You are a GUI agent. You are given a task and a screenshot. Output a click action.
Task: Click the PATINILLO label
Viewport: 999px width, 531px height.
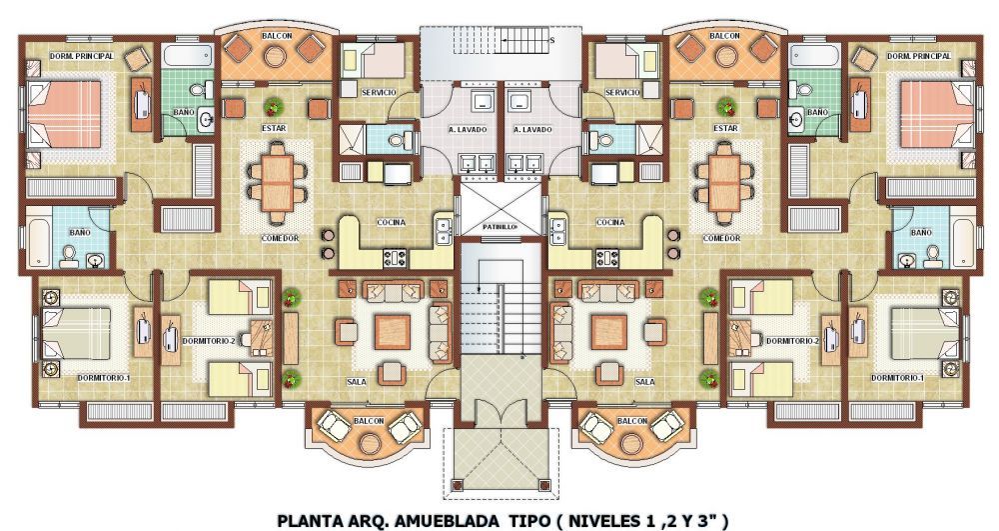(x=499, y=226)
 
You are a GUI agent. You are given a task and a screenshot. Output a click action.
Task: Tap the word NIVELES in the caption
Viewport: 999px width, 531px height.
(x=606, y=521)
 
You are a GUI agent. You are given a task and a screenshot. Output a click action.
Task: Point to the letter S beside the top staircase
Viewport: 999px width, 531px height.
(x=551, y=40)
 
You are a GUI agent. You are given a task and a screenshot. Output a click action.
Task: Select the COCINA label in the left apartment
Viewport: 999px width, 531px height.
(x=392, y=222)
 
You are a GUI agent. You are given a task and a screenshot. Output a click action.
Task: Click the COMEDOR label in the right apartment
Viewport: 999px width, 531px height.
(x=721, y=238)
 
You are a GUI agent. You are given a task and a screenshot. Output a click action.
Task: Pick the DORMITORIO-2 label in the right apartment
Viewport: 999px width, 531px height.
(x=792, y=341)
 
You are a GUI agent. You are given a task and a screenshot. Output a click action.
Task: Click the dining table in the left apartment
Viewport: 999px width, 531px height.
(x=277, y=182)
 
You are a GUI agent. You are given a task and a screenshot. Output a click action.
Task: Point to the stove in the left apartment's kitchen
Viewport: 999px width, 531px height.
(x=395, y=259)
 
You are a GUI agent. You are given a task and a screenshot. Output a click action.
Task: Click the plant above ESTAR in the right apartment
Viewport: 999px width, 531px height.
(x=724, y=106)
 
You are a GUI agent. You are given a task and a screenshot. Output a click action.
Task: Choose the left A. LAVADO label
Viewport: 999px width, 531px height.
(x=469, y=129)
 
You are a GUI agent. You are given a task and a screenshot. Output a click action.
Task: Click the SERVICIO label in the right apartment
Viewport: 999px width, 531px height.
(x=622, y=92)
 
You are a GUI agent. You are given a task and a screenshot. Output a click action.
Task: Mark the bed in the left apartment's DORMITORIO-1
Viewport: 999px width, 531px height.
(x=76, y=333)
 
